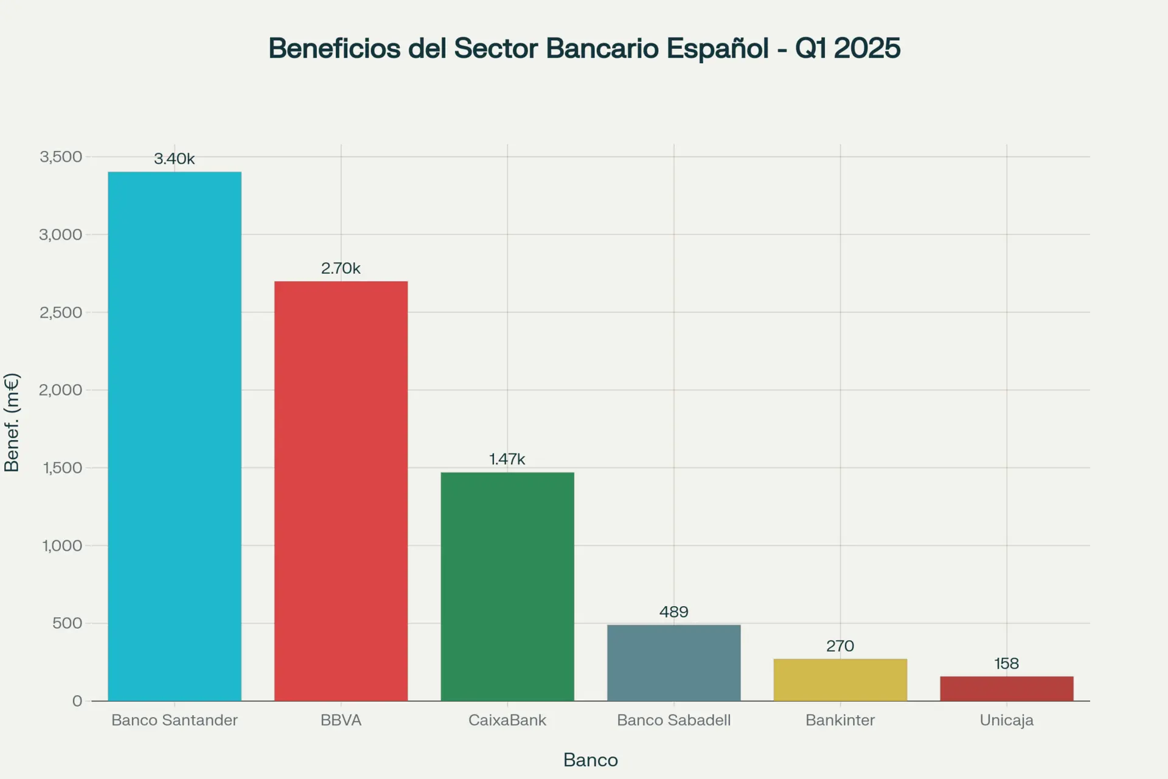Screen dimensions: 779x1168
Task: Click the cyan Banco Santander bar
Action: pyautogui.click(x=175, y=436)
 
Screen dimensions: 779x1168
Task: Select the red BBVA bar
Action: pyautogui.click(x=341, y=491)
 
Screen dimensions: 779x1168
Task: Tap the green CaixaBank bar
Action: pyautogui.click(x=507, y=586)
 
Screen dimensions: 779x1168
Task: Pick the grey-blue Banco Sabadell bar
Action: pyautogui.click(x=673, y=663)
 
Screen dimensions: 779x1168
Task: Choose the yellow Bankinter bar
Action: pyautogui.click(x=840, y=680)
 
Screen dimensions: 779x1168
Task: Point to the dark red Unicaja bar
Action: pyautogui.click(x=1006, y=688)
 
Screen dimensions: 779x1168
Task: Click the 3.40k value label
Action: pyautogui.click(x=175, y=159)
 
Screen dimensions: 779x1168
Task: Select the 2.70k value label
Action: pyautogui.click(x=341, y=268)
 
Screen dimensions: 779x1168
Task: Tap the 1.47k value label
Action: pyautogui.click(x=507, y=459)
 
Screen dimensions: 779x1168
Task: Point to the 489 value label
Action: pyautogui.click(x=673, y=612)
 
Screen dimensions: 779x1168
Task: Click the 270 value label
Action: pyautogui.click(x=840, y=646)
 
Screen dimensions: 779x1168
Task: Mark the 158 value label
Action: pyautogui.click(x=1006, y=664)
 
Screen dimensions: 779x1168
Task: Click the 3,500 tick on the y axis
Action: pyautogui.click(x=61, y=157)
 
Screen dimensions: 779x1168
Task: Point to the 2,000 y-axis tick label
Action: pyautogui.click(x=61, y=390)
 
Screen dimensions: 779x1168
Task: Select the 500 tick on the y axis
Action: pyautogui.click(x=67, y=623)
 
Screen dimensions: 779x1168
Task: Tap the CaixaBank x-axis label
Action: pyautogui.click(x=507, y=721)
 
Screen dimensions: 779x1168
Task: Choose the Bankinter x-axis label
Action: pyautogui.click(x=840, y=721)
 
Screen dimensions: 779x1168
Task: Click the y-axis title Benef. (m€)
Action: pyautogui.click(x=12, y=422)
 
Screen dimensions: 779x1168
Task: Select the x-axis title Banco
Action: pyautogui.click(x=590, y=760)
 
